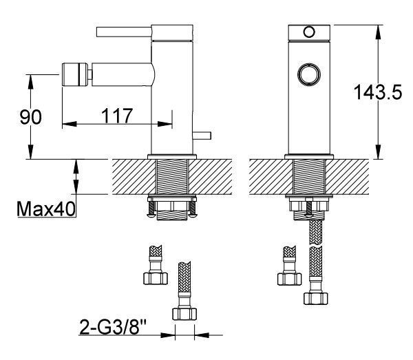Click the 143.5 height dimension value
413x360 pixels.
tap(378, 92)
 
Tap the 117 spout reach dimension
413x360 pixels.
tap(117, 116)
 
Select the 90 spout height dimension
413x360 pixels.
tap(30, 117)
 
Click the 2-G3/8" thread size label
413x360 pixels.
tap(113, 326)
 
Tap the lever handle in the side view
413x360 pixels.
tap(124, 32)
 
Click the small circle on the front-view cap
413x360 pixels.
tap(309, 32)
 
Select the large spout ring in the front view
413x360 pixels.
tap(309, 74)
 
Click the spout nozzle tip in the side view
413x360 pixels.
tap(74, 74)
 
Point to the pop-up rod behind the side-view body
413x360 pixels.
tap(202, 136)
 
